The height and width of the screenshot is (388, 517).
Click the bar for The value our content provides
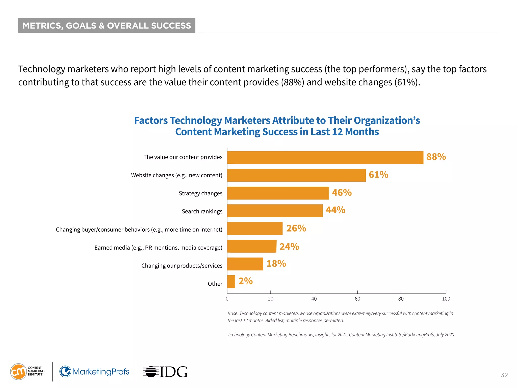(325, 158)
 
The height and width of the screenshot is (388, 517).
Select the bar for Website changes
(296, 175)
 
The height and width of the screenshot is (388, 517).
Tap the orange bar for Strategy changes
(278, 193)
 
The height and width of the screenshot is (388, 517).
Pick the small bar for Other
(231, 282)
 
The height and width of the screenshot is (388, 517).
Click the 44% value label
(335, 210)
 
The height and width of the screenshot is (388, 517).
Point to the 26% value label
(296, 228)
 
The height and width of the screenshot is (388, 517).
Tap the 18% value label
(276, 264)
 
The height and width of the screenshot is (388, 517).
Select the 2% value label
(245, 281)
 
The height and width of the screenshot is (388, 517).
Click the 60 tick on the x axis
(357, 299)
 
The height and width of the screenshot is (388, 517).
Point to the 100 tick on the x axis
(446, 299)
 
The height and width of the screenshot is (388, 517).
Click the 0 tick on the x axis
(227, 299)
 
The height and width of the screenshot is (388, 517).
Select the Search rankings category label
(202, 211)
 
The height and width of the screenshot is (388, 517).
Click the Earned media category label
(158, 248)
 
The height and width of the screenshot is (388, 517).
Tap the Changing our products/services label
(182, 266)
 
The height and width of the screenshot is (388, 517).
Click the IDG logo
(165, 372)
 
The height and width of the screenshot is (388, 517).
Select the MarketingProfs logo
(94, 372)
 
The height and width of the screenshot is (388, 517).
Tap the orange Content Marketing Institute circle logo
(18, 372)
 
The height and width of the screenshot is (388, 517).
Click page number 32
(504, 375)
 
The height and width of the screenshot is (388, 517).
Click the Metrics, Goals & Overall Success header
(107, 26)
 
